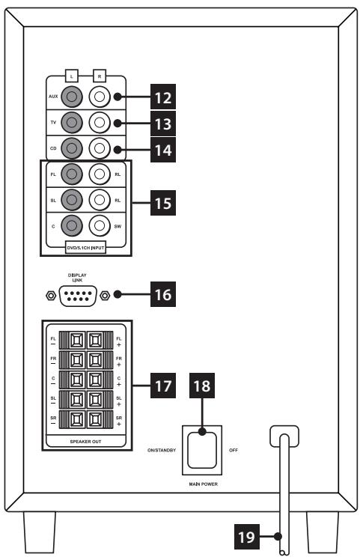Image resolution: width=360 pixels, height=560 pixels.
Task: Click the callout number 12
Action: pos(163,97)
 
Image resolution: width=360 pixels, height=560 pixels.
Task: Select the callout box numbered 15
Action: pos(163,203)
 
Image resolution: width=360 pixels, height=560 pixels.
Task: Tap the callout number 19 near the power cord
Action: pos(247,537)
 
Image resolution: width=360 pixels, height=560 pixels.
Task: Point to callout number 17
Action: pos(163,386)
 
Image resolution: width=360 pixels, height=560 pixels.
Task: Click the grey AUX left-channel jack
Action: pos(72,97)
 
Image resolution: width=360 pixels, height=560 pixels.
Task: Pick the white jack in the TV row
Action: pos(100,123)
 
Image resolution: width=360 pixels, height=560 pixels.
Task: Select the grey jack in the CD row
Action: pos(72,148)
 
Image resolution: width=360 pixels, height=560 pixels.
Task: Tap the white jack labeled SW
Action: pos(100,225)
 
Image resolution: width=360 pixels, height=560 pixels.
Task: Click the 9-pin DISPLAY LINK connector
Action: pos(78,296)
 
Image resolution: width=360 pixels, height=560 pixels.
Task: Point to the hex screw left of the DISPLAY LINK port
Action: pos(51,296)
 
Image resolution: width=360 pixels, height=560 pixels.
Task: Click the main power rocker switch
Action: pos(202,450)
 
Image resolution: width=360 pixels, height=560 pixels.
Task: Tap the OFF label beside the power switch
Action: pos(234,451)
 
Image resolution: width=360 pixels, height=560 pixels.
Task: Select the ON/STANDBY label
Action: pos(162,451)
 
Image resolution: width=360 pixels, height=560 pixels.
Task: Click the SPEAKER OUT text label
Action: pos(86,442)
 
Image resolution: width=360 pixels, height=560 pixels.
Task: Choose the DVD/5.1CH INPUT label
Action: pos(86,248)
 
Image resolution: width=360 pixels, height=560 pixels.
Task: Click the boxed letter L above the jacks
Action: pos(72,76)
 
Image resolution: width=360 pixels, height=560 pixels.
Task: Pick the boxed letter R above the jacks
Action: pos(100,76)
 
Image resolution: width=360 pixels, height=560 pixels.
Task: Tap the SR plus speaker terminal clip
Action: pos(95,420)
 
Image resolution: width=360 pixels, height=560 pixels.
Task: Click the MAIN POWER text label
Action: pos(204,484)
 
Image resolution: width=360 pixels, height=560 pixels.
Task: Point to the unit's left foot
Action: pos(40,532)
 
